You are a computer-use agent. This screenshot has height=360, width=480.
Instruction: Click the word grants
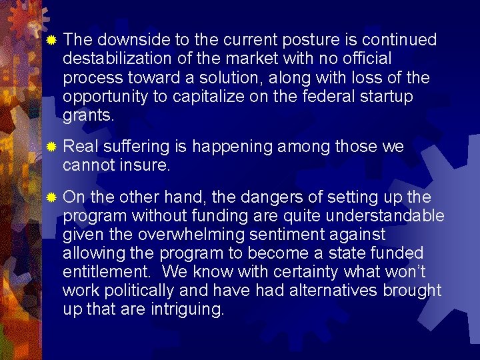pyautogui.click(x=89, y=115)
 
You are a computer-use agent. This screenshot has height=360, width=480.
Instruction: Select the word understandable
pyautogui.click(x=386, y=216)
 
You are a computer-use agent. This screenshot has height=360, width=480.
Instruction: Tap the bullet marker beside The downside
pyautogui.click(x=52, y=41)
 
